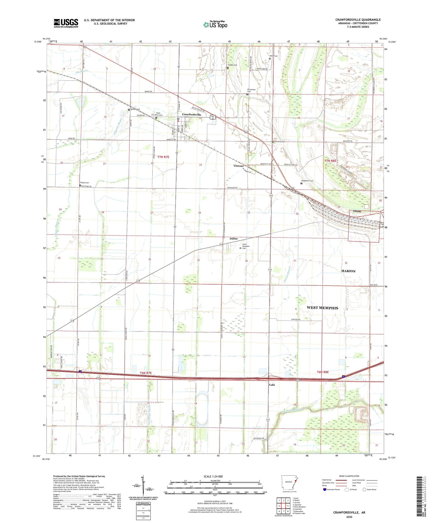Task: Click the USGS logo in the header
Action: pyautogui.click(x=66, y=23)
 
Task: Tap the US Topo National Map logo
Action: pyautogui.click(x=215, y=24)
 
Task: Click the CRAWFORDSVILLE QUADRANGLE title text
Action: pyautogui.click(x=358, y=20)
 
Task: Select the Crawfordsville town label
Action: pyautogui.click(x=192, y=115)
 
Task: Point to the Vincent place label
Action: pyautogui.click(x=239, y=166)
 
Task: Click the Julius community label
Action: pyautogui.click(x=233, y=239)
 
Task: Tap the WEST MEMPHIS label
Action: pyautogui.click(x=322, y=308)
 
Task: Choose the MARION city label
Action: pyautogui.click(x=348, y=271)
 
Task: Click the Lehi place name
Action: pyautogui.click(x=272, y=385)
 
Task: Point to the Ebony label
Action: pyautogui.click(x=357, y=211)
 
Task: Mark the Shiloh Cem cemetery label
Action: pyautogui.click(x=85, y=183)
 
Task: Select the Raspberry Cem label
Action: pyautogui.click(x=307, y=181)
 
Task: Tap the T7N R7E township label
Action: pyautogui.click(x=163, y=157)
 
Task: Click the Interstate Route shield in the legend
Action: pyautogui.click(x=325, y=490)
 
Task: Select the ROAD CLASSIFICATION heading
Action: pyautogui.click(x=349, y=476)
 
